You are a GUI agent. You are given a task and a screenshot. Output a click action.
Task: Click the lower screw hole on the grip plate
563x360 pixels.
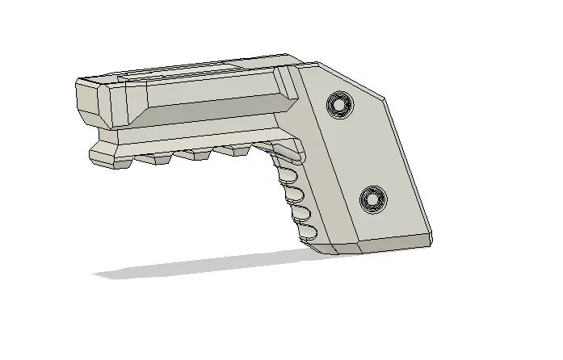coord(372,197)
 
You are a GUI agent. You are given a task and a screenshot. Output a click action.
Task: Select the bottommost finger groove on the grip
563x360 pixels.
coord(307,233)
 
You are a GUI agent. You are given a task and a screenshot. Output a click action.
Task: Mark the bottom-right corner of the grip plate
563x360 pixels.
coord(431,242)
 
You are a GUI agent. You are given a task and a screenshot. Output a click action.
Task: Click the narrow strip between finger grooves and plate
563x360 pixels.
coord(317,202)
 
